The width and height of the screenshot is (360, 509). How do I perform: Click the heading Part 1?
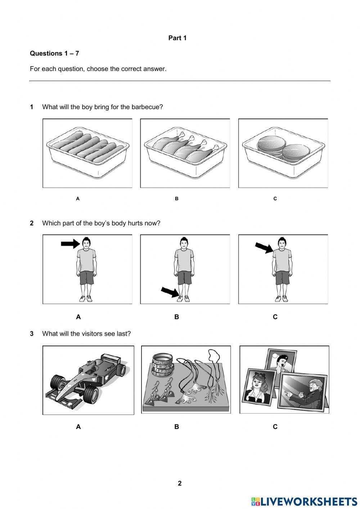click(177, 38)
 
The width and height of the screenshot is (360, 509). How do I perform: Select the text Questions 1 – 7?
click(54, 53)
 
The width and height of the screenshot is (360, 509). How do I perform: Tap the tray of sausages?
click(87, 153)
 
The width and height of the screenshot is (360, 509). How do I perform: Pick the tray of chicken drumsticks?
click(185, 153)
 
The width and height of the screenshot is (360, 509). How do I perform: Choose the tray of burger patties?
click(283, 153)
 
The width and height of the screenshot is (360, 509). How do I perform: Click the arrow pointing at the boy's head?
click(70, 244)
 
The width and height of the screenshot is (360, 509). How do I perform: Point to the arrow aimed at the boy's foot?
click(170, 291)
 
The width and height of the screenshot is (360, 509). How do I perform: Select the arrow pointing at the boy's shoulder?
click(264, 247)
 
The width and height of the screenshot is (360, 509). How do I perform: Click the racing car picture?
click(88, 380)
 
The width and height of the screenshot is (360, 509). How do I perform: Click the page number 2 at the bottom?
click(180, 483)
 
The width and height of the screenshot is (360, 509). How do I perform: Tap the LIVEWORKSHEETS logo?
click(304, 501)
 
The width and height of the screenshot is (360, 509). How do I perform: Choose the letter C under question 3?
click(275, 427)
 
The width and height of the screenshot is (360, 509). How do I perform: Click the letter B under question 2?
click(176, 317)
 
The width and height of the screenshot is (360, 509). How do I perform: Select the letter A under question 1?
click(78, 198)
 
